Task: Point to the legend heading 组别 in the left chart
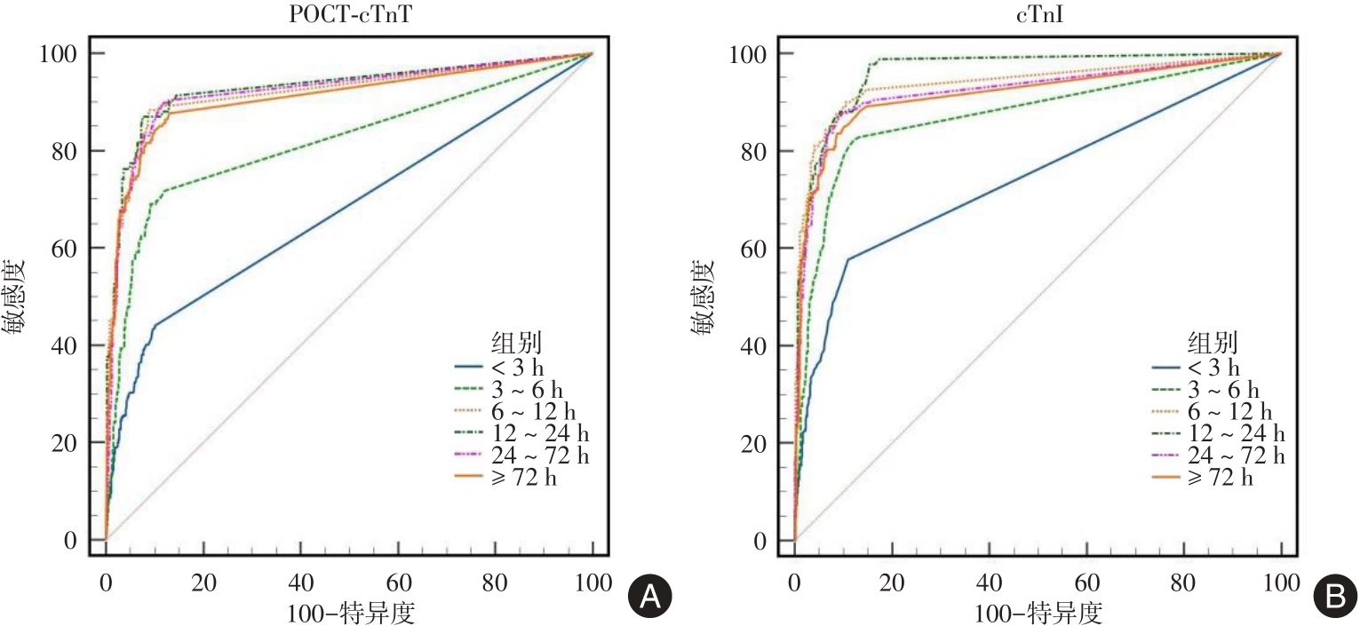(x=517, y=343)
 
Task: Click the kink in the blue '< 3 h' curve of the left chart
(x=155, y=325)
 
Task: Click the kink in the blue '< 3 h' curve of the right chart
(x=848, y=258)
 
